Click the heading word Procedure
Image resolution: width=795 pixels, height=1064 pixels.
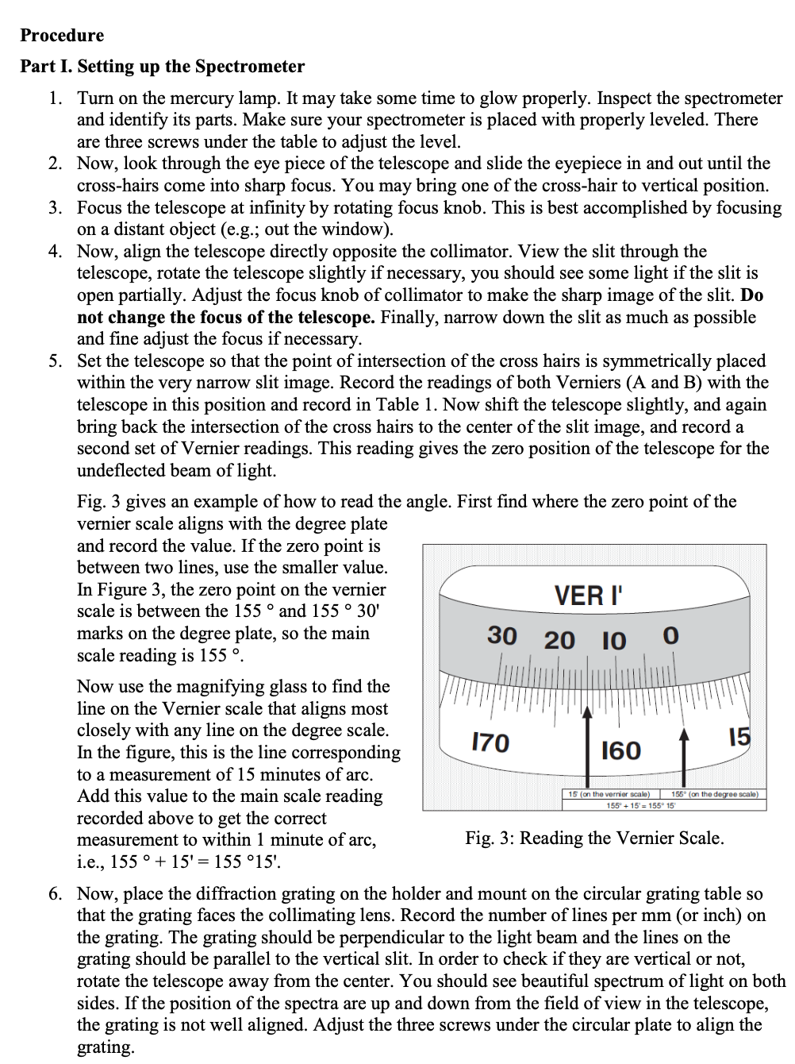tap(62, 36)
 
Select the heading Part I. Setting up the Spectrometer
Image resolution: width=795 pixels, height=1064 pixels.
tap(162, 67)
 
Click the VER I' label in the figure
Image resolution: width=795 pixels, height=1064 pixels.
tap(588, 595)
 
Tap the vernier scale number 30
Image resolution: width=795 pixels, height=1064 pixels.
tap(501, 635)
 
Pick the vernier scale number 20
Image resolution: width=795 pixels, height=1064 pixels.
tap(559, 639)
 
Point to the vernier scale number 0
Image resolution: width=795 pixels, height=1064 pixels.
tap(670, 636)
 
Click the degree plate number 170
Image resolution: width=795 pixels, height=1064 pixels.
tap(490, 742)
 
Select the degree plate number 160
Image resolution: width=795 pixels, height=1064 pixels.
tap(621, 750)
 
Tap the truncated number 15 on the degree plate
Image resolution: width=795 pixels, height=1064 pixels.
tap(739, 738)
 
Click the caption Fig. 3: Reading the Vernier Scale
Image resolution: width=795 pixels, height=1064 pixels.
tap(594, 838)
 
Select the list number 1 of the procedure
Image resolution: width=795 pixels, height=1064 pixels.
tap(54, 98)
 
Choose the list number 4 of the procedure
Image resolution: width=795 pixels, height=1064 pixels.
tap(54, 252)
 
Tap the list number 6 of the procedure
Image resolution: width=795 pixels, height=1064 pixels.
tap(54, 894)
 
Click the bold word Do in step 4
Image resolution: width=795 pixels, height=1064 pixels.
tap(751, 295)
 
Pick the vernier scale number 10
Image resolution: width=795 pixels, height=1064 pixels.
tap(613, 640)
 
